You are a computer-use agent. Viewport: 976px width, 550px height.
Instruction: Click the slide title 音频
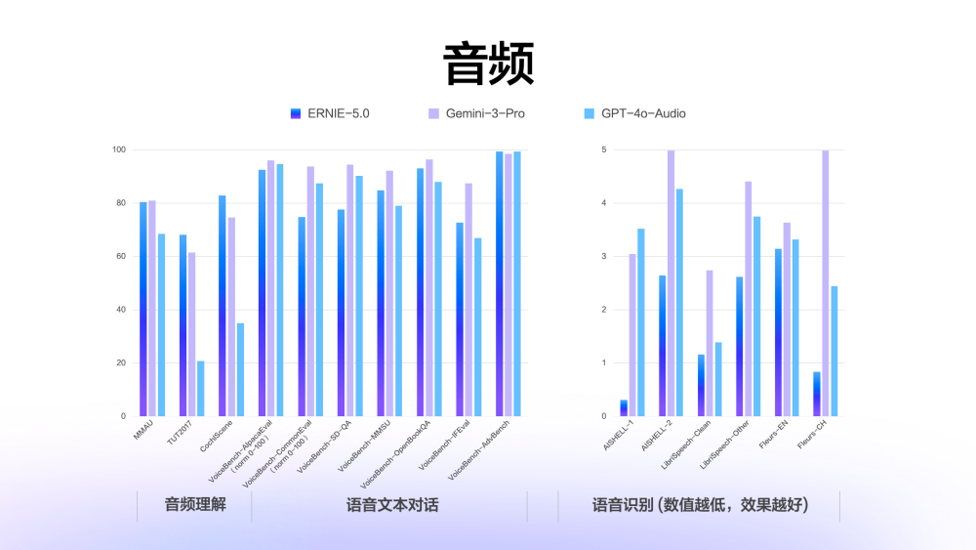[x=488, y=64]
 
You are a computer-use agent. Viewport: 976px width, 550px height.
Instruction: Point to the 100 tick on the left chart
[x=119, y=149]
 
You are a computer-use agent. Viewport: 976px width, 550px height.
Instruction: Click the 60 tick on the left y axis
[x=121, y=256]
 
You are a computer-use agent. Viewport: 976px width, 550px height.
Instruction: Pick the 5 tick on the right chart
[x=604, y=149]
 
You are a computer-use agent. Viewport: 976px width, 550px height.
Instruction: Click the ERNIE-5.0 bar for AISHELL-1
[x=624, y=408]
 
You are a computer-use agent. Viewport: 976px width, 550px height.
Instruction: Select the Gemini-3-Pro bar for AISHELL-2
[x=671, y=283]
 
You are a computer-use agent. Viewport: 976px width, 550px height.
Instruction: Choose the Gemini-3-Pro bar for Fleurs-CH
[x=826, y=283]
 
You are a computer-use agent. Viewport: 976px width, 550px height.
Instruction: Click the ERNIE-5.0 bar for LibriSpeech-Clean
[x=701, y=385]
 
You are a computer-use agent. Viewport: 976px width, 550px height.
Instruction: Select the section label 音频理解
[x=195, y=505]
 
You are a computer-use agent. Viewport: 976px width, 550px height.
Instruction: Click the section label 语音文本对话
[x=392, y=505]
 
